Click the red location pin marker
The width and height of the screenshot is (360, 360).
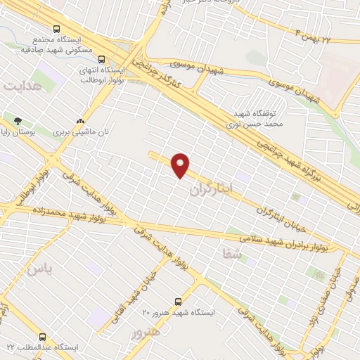[x=181, y=165]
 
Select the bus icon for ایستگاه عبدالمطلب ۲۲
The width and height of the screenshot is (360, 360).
[x=42, y=337]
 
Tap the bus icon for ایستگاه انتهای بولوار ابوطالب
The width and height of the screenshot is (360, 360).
[x=102, y=59]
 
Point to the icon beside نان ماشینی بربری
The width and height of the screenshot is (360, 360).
[x=83, y=120]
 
